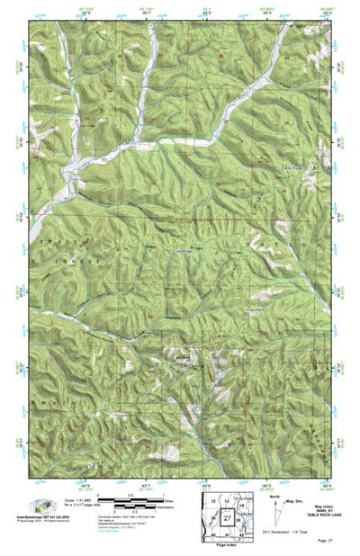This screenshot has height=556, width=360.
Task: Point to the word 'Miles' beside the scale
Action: [171, 501]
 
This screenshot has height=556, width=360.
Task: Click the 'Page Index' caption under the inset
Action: [227, 546]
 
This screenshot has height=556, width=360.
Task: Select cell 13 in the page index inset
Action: [228, 501]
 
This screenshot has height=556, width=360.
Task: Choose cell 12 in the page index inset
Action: [212, 500]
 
